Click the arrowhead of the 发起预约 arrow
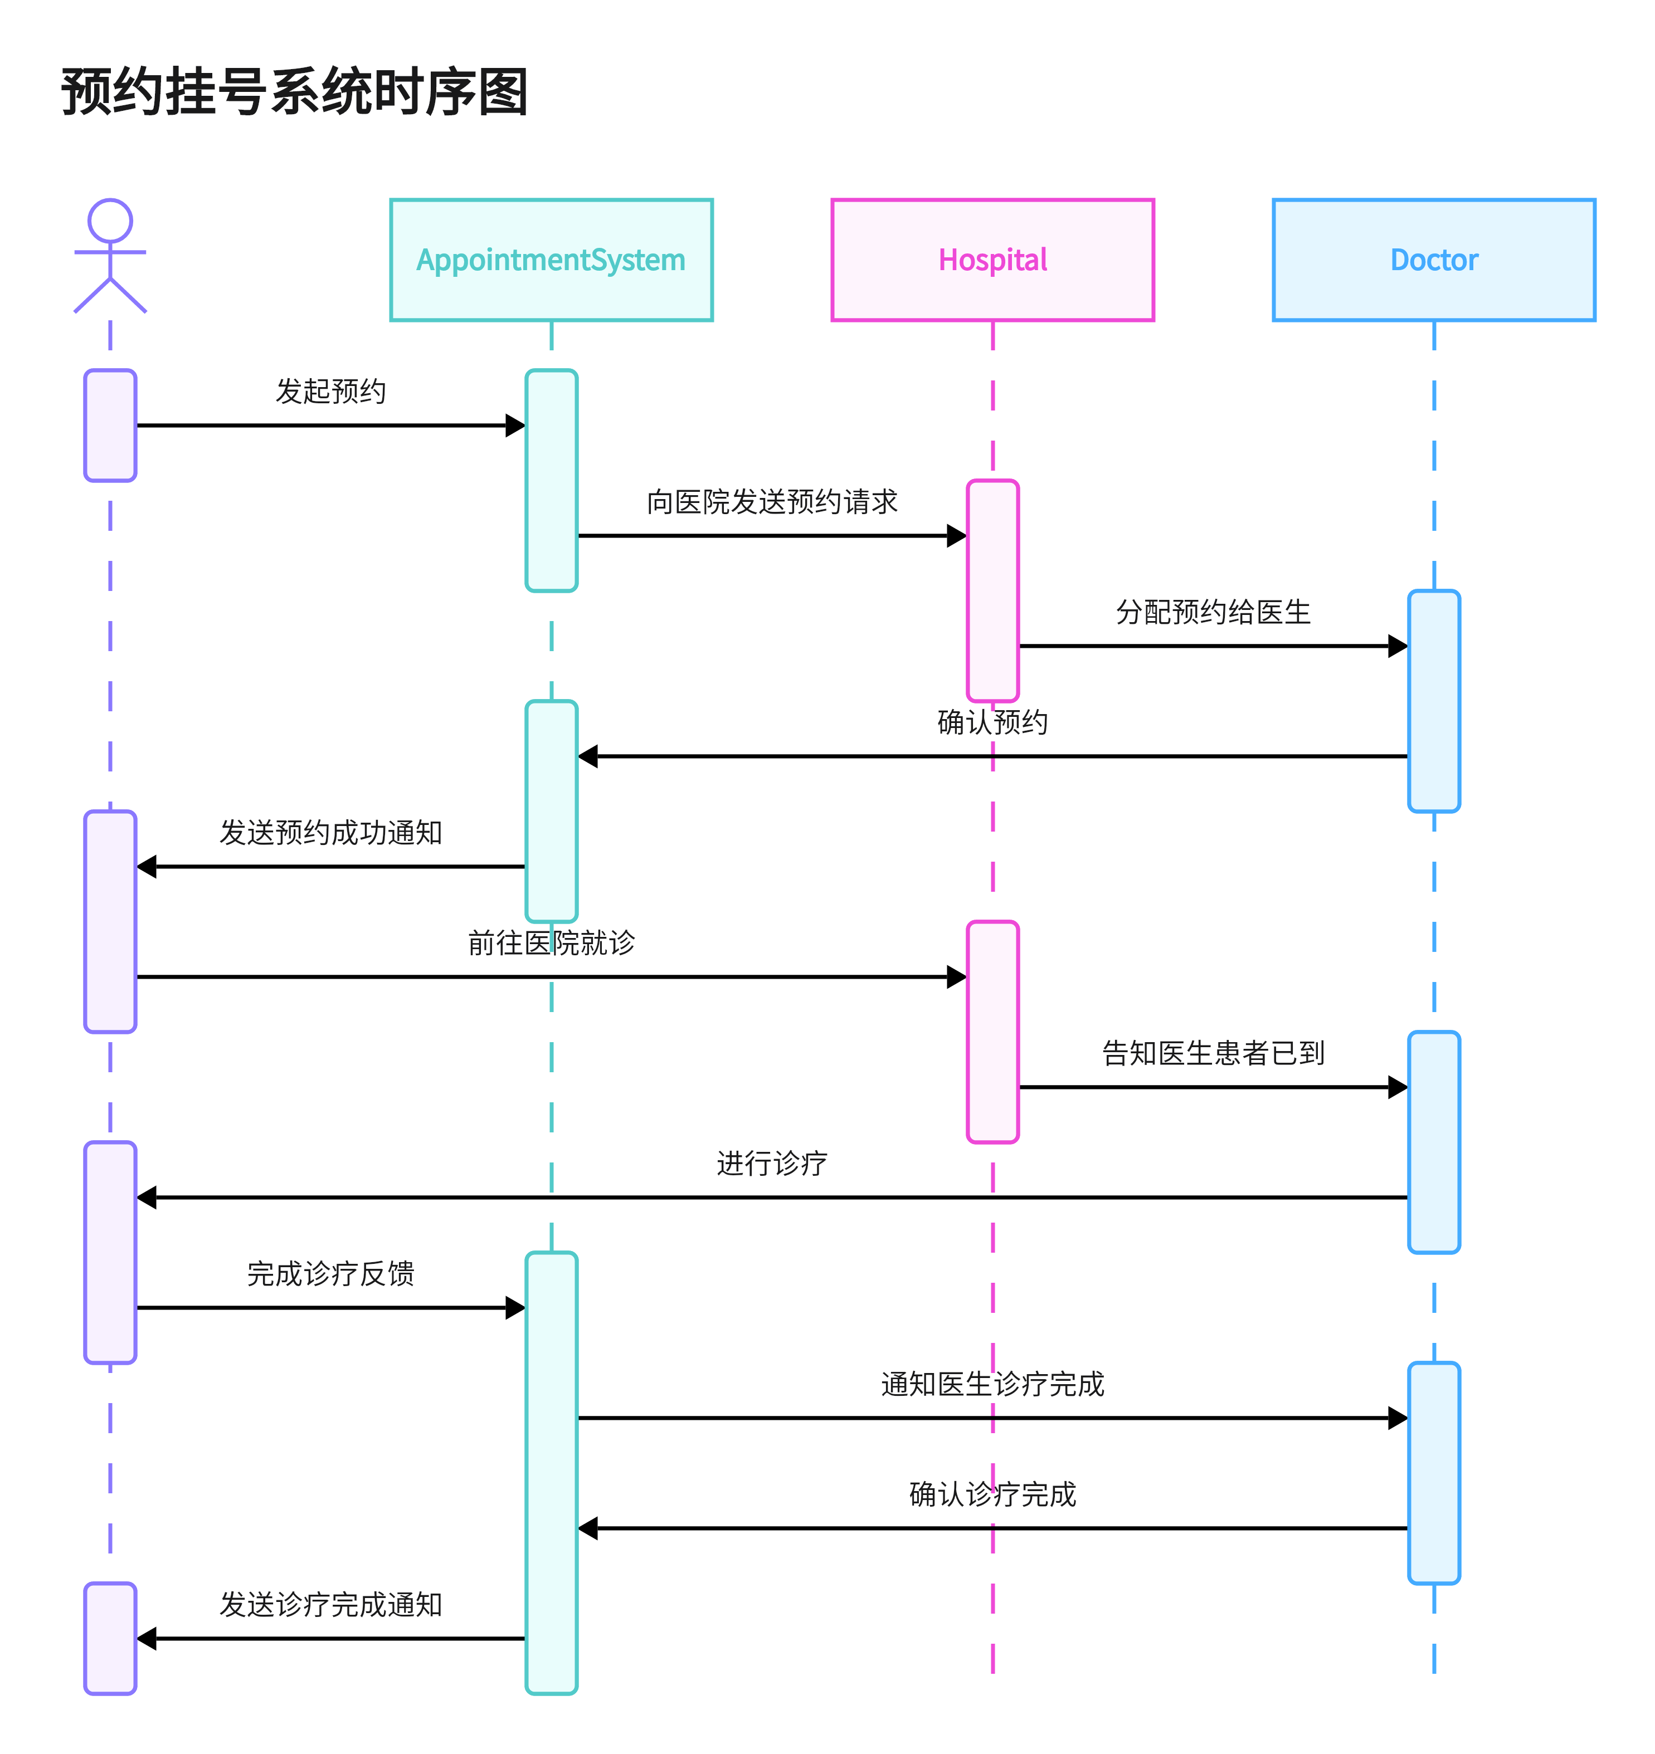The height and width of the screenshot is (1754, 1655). (x=515, y=425)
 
